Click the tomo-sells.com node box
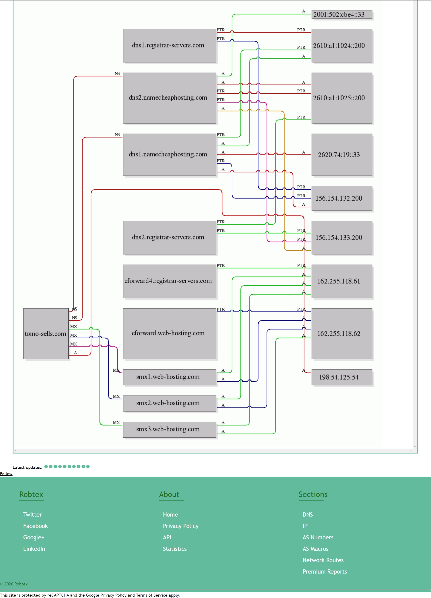(x=46, y=333)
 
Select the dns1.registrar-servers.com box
(x=170, y=46)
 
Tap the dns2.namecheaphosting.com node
(x=170, y=98)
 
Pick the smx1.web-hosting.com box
(x=170, y=377)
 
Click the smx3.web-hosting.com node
(x=170, y=430)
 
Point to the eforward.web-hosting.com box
(x=170, y=333)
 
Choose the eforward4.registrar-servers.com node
(x=170, y=281)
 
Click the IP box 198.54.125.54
(x=342, y=377)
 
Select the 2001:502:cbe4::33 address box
(x=342, y=14)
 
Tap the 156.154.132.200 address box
(x=342, y=198)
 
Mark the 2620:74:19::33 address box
(x=342, y=155)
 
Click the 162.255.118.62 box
(x=342, y=333)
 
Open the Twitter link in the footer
(x=32, y=514)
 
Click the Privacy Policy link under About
(x=180, y=526)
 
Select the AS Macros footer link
(x=316, y=549)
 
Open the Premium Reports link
(x=325, y=572)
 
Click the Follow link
(x=6, y=474)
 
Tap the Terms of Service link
(x=152, y=595)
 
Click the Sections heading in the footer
(x=313, y=494)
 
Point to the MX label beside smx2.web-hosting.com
(x=116, y=396)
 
